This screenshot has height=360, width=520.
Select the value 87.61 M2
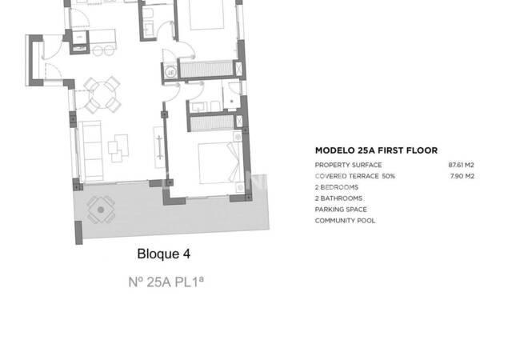pos(462,165)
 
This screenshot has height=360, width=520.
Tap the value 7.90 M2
pos(463,176)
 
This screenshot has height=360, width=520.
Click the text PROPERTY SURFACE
pos(348,165)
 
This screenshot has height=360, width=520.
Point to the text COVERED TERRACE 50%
pos(354,176)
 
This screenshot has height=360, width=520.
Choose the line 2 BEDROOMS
pos(337,187)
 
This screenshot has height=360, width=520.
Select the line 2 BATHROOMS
pos(338,198)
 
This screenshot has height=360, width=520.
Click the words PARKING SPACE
pos(340,210)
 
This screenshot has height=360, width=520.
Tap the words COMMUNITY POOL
pos(345,221)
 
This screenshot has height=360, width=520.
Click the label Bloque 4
pos(164,254)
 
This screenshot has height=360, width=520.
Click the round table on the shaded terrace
pos(101,212)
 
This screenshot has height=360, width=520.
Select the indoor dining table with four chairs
pos(102,94)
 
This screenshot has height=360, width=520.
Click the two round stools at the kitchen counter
pos(102,50)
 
